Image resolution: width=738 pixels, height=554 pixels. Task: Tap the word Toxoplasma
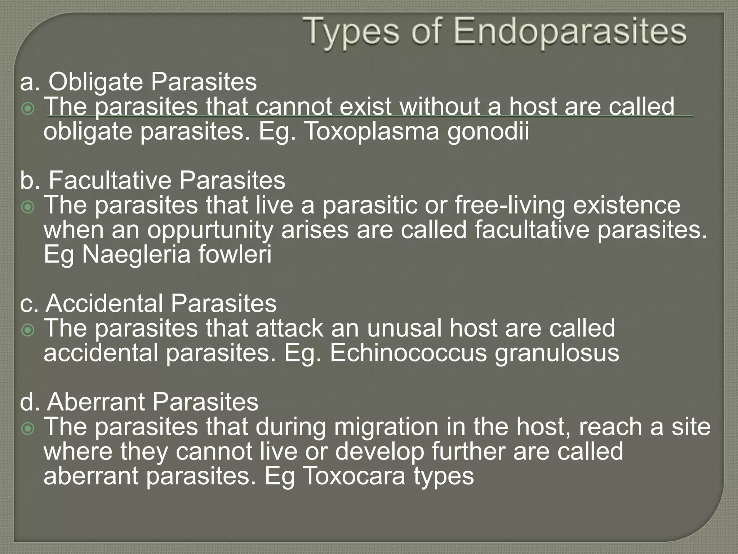371,131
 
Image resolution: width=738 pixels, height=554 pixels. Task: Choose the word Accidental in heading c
105,303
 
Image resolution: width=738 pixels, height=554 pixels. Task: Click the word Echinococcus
408,353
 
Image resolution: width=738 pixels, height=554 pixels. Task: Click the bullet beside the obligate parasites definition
28,108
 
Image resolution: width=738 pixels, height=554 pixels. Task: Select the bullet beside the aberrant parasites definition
28,428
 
